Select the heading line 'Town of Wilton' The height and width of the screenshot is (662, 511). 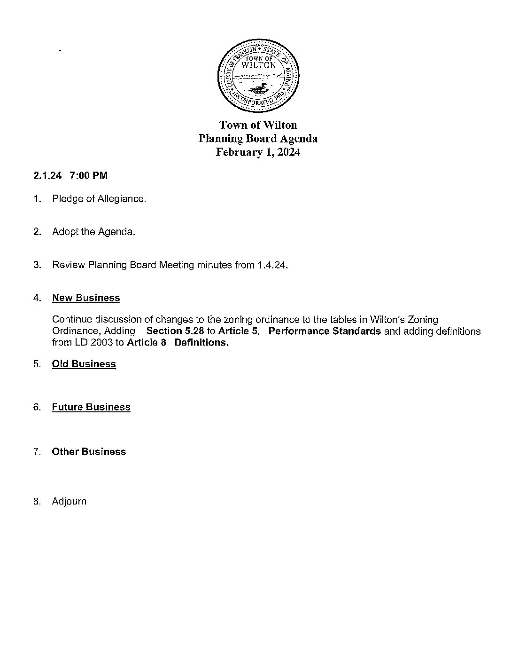pos(258,125)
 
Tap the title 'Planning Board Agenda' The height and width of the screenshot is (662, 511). pos(258,139)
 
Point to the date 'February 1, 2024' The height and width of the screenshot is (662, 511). pos(258,152)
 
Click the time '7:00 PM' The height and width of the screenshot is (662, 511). pos(88,176)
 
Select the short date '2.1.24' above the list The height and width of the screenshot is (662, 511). pos(47,176)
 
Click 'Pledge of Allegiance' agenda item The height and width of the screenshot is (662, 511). pos(99,199)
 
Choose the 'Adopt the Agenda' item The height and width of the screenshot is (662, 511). pos(93,232)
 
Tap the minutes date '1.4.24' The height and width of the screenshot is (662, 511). pos(271,265)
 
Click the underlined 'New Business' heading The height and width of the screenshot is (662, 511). pos(86,298)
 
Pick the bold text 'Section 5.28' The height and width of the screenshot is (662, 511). pos(175,331)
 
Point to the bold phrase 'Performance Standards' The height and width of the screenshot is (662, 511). pos(325,331)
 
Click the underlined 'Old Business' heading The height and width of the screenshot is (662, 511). pos(84,364)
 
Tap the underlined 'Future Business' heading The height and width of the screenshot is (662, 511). pos(91,407)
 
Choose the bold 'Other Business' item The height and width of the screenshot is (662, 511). pos(89,452)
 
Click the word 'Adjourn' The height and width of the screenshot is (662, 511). pos(69,501)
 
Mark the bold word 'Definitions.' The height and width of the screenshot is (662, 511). pos(201,342)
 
